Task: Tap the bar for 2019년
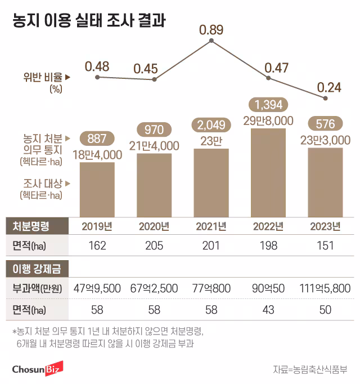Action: point(97,189)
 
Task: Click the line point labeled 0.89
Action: point(211,41)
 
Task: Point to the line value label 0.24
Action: point(330,87)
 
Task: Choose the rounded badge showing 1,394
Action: point(268,105)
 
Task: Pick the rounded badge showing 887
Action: point(97,137)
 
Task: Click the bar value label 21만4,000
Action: point(154,146)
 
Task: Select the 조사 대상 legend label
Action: point(42,183)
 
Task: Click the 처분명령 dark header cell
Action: point(31,226)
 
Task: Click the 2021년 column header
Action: point(211,226)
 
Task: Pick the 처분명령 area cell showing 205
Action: point(154,246)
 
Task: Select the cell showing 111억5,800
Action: point(325,289)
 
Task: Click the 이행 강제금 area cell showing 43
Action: point(268,309)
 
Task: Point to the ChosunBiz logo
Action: point(38,369)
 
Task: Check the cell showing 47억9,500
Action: point(97,289)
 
